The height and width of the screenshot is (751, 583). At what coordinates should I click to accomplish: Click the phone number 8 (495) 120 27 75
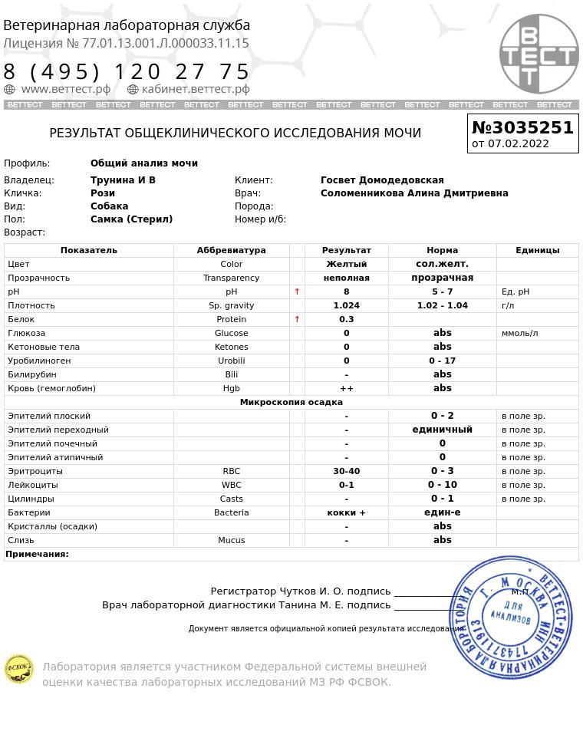coord(127,71)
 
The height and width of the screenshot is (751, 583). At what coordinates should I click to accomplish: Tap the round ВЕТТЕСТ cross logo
coord(539,54)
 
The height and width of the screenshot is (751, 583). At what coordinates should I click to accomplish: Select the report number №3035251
coord(522,127)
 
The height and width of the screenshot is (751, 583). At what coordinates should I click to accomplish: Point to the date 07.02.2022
coord(519,143)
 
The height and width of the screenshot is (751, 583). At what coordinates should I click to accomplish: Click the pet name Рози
coord(103,193)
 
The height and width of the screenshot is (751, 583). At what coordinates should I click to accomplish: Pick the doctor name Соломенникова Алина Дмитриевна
coord(414,193)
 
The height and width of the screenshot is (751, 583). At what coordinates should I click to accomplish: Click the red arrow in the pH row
coord(297,292)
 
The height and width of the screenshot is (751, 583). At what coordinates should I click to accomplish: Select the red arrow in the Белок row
coord(297,319)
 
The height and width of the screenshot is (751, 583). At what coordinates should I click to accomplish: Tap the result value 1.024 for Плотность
coord(346,305)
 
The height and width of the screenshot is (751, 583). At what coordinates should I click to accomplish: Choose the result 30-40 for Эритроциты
coord(346,471)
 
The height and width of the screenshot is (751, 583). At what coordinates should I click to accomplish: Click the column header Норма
coord(442,250)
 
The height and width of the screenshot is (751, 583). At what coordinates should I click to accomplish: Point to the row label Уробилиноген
coord(39,361)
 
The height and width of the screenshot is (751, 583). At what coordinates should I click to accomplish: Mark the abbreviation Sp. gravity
coord(231,305)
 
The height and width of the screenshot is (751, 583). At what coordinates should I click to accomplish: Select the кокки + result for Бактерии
coord(346,512)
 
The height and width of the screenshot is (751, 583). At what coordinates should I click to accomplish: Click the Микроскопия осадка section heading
coord(291,402)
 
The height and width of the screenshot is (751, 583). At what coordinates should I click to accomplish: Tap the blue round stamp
coord(511,617)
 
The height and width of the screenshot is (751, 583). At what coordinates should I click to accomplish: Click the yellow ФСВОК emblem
coord(18,669)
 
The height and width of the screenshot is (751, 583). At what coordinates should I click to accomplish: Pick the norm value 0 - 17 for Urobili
coord(442,361)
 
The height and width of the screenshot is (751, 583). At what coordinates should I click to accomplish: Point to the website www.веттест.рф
coord(65,89)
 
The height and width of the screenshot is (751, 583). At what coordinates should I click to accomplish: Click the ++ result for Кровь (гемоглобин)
coord(346,388)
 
